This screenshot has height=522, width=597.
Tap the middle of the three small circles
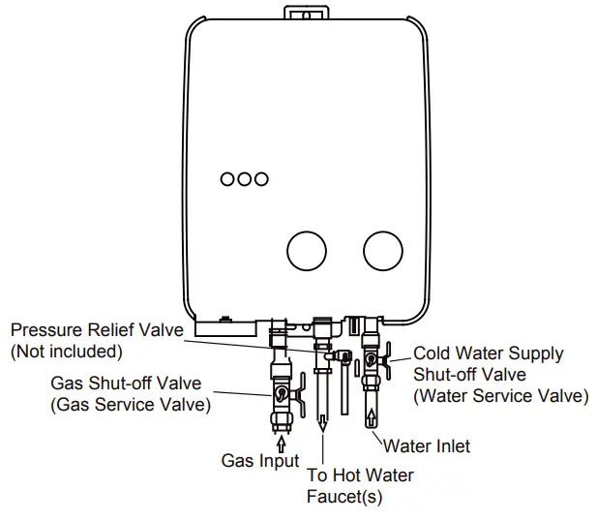click(x=244, y=179)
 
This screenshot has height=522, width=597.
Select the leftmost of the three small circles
click(x=227, y=179)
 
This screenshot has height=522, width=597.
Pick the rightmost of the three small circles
click(x=261, y=179)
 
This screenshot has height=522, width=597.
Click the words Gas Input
click(x=260, y=461)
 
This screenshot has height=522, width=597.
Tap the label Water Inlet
click(x=427, y=446)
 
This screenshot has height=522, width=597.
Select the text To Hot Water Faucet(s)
click(x=345, y=486)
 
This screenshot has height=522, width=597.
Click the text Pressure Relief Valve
click(x=96, y=331)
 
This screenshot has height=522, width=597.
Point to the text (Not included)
click(x=66, y=351)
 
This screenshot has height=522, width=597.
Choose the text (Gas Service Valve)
click(x=130, y=404)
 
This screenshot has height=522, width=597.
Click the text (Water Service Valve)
click(x=500, y=395)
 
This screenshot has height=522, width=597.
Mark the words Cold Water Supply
click(x=488, y=354)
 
